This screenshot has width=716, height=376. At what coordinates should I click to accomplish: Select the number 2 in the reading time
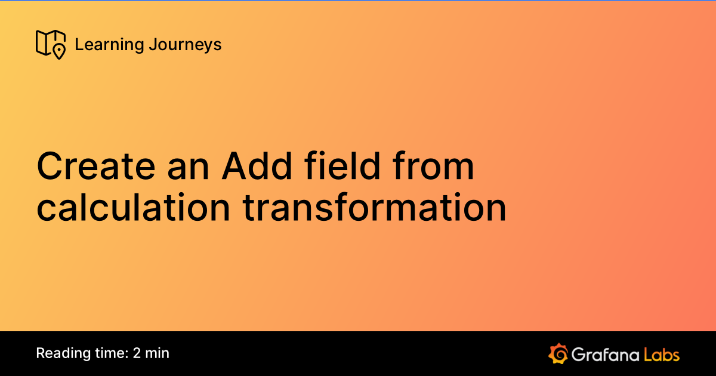137,353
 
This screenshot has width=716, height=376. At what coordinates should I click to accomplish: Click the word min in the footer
158,353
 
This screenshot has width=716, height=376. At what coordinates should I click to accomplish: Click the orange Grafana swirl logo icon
557,353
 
